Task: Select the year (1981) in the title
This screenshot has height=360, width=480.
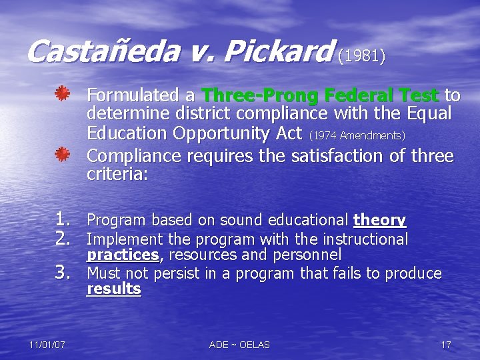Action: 361,57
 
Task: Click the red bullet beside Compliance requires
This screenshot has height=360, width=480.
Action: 63,155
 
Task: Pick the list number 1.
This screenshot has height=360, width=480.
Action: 64,219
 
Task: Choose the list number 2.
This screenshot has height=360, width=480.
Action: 64,238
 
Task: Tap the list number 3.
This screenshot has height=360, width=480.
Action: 64,272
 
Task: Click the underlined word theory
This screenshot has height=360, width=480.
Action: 379,220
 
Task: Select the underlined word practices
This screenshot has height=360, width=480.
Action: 123,255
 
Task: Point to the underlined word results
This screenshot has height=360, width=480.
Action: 114,289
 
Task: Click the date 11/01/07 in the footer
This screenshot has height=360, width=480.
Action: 47,345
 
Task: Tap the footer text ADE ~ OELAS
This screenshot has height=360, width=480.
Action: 239,345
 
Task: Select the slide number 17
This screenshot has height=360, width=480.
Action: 446,345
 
